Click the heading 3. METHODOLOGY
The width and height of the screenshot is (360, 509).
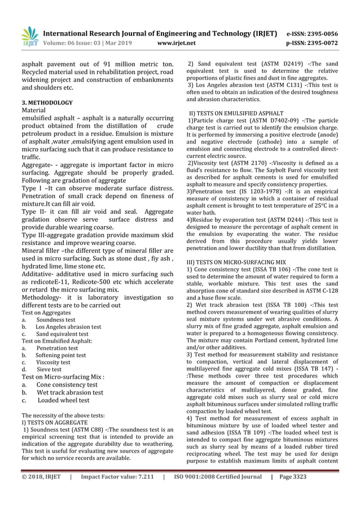(47, 103)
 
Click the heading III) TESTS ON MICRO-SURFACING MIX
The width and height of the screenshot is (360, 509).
(237, 262)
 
